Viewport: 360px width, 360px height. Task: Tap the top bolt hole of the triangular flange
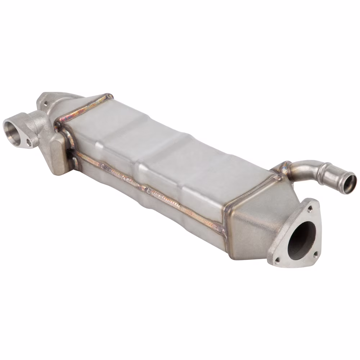click(x=310, y=209)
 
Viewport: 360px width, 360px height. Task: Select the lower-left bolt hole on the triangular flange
click(x=277, y=259)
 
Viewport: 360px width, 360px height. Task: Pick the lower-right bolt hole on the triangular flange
click(x=315, y=254)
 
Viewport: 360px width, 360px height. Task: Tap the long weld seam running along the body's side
click(x=151, y=189)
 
